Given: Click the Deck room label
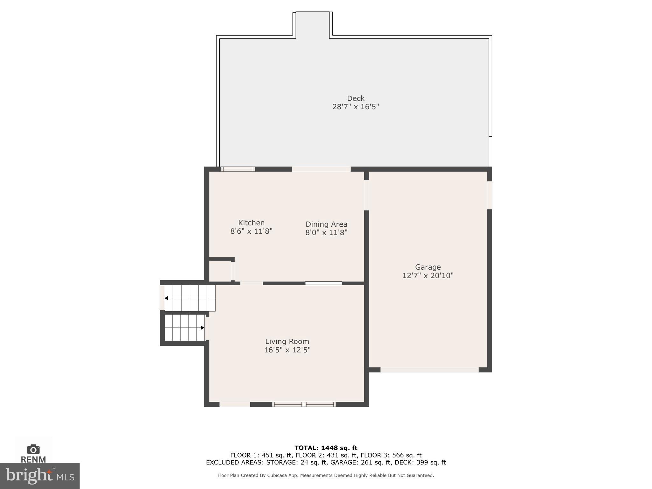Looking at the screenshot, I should pyautogui.click(x=355, y=98).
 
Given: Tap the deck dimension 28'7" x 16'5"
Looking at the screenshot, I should pyautogui.click(x=355, y=107).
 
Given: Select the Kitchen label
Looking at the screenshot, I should pyautogui.click(x=251, y=223).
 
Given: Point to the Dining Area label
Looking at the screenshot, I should pyautogui.click(x=326, y=224).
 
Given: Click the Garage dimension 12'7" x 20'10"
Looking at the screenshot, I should pyautogui.click(x=428, y=275).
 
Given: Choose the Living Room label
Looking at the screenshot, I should pyautogui.click(x=287, y=341).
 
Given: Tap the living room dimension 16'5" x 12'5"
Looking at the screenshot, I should pyautogui.click(x=287, y=350).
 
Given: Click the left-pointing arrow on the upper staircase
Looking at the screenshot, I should pyautogui.click(x=167, y=298).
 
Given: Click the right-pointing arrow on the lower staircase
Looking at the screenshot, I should pyautogui.click(x=202, y=328).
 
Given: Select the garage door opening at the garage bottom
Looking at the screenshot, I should pyautogui.click(x=429, y=370).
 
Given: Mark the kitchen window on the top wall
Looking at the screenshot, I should pyautogui.click(x=238, y=169).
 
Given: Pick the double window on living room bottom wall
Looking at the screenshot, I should pyautogui.click(x=304, y=404).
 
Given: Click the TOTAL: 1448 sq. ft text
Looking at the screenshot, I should pyautogui.click(x=326, y=448).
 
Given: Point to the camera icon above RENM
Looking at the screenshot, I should pyautogui.click(x=33, y=449).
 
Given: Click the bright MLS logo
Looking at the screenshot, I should pyautogui.click(x=39, y=476).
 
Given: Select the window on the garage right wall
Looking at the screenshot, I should pyautogui.click(x=489, y=195).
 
